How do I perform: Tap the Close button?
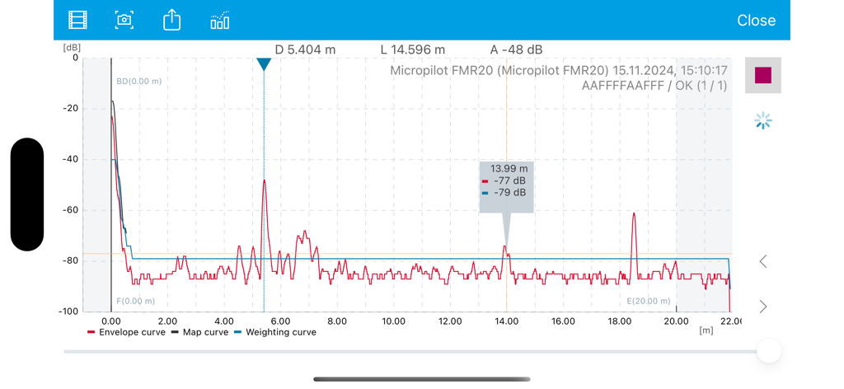pyautogui.click(x=756, y=21)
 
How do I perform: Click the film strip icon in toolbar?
pyautogui.click(x=77, y=20)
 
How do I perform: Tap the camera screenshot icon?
pyautogui.click(x=124, y=20)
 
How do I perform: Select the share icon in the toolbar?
pyautogui.click(x=171, y=20)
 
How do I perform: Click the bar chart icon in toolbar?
pyautogui.click(x=219, y=21)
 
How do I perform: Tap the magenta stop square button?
pyautogui.click(x=763, y=75)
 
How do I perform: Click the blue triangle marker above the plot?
pyautogui.click(x=264, y=64)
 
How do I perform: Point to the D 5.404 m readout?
pyautogui.click(x=305, y=49)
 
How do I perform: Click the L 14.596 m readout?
pyautogui.click(x=412, y=49)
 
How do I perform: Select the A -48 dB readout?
pyautogui.click(x=516, y=49)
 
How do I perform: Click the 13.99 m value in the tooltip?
pyautogui.click(x=509, y=169)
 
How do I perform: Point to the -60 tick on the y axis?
pyautogui.click(x=70, y=210)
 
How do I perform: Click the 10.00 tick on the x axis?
pyautogui.click(x=393, y=321)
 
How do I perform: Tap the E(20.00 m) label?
pyautogui.click(x=649, y=302)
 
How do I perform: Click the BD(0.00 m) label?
pyautogui.click(x=138, y=82)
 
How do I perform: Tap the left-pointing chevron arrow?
pyautogui.click(x=763, y=261)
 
